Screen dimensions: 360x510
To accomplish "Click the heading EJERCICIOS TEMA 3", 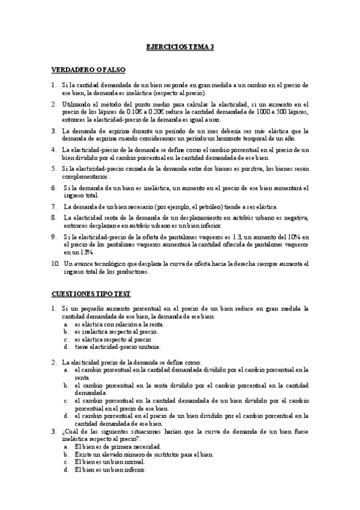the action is click(x=180, y=46).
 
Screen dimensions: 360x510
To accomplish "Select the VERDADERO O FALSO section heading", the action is click(x=88, y=70).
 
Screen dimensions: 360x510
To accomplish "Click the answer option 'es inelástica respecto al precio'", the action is click(x=116, y=331).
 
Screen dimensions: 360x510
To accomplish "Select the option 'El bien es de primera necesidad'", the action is click(x=117, y=447).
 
